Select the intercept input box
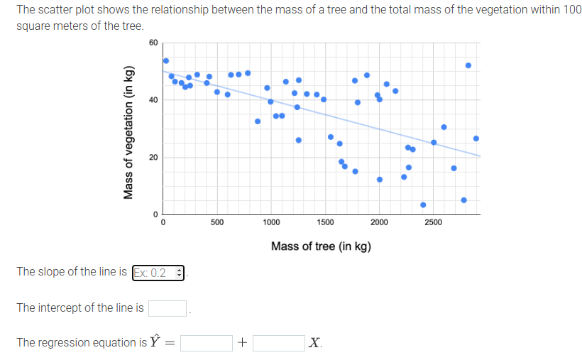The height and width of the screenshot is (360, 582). click(168, 308)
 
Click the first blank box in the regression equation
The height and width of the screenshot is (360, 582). click(206, 343)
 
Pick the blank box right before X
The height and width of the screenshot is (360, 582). click(279, 343)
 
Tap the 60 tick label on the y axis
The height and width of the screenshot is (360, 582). click(154, 43)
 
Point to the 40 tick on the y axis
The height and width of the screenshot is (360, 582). click(154, 100)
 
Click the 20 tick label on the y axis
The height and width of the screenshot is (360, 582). click(154, 157)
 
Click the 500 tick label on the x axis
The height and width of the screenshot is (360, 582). click(217, 222)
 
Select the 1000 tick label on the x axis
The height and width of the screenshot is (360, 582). click(270, 222)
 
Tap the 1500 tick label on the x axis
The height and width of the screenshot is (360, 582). click(325, 222)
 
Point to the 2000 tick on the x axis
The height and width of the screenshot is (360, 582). click(379, 222)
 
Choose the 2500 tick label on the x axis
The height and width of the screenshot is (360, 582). click(433, 222)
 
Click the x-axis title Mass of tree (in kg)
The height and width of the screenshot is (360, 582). click(321, 246)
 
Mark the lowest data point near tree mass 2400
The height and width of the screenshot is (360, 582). click(423, 204)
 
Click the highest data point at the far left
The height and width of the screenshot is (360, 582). click(166, 60)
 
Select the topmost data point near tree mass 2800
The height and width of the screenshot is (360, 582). click(468, 65)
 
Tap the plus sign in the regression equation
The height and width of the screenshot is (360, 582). click(242, 344)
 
